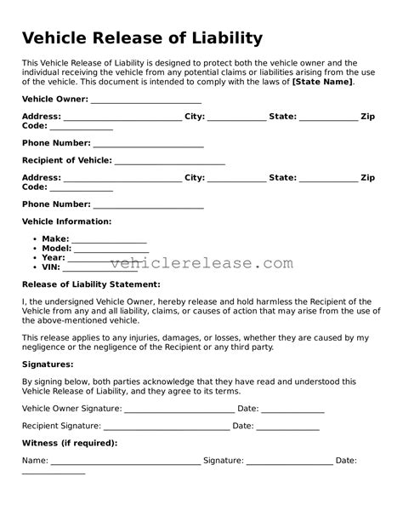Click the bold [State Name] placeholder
[323, 82]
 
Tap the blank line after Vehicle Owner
[145, 101]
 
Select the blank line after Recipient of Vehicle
[169, 163]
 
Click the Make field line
[109, 240]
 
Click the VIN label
[51, 266]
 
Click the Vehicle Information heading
[66, 221]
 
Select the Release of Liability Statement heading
[90, 284]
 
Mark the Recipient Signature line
[179, 427]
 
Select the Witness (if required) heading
[69, 444]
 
